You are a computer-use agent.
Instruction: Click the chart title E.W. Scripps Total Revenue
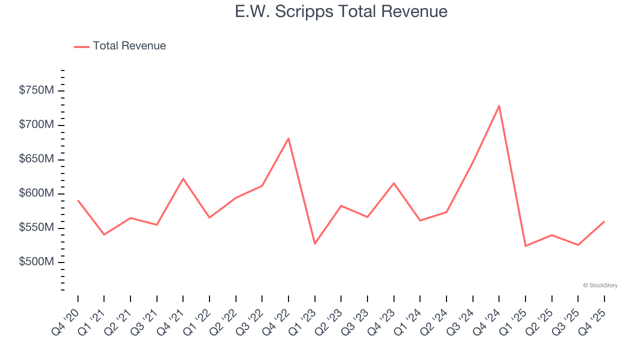click(x=341, y=11)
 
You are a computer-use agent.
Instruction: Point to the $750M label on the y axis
click(x=36, y=90)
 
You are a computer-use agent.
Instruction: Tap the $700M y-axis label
click(x=36, y=124)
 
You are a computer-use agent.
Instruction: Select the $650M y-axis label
click(x=36, y=159)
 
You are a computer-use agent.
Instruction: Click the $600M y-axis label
click(x=36, y=193)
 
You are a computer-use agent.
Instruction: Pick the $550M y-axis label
click(x=36, y=228)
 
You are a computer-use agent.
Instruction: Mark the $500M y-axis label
click(x=36, y=262)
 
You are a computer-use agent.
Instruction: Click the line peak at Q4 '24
click(x=499, y=106)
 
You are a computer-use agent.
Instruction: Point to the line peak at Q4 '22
click(x=288, y=138)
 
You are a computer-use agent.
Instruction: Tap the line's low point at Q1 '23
click(x=314, y=243)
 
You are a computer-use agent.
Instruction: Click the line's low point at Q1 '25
click(x=525, y=246)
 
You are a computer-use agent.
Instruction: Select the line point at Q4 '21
click(x=183, y=178)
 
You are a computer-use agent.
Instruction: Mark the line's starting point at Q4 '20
click(x=78, y=200)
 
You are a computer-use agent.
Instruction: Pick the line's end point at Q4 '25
click(x=604, y=221)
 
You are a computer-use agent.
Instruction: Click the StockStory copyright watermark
click(x=600, y=285)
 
